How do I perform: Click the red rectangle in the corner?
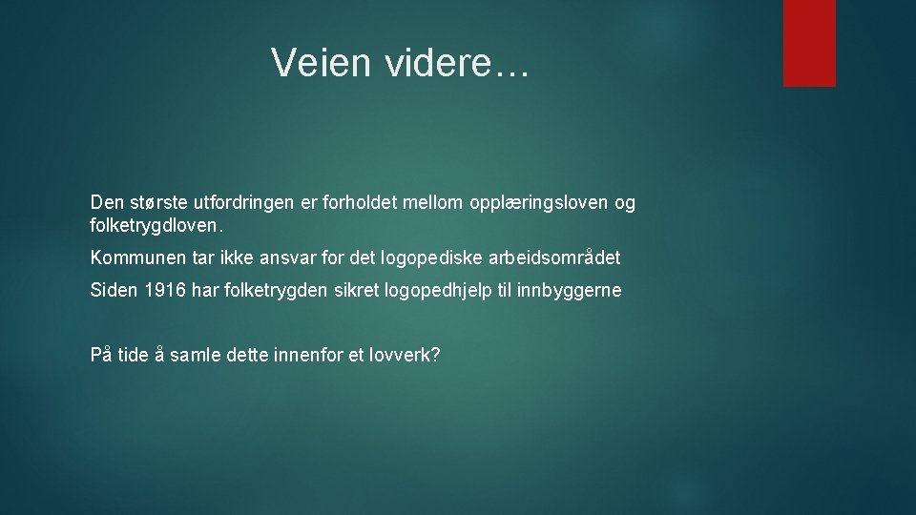[x=809, y=43]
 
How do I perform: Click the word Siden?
[x=114, y=291]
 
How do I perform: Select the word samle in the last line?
[x=195, y=356]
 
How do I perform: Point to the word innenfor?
[x=307, y=356]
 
